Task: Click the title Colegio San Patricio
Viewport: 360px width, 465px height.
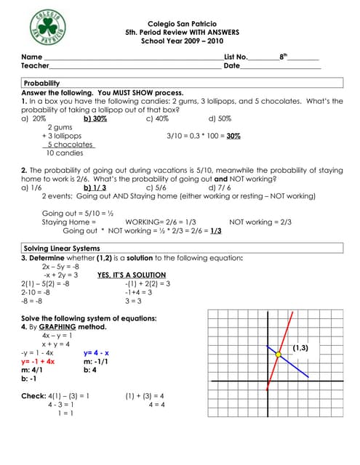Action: point(179,24)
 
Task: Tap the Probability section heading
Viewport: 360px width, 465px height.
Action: point(42,84)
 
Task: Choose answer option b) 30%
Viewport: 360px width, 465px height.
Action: point(95,118)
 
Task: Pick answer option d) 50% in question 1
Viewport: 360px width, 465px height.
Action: point(220,118)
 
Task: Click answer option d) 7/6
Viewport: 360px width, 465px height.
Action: point(218,187)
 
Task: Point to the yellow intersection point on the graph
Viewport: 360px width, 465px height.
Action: point(278,354)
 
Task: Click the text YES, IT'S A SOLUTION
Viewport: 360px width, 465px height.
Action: point(132,275)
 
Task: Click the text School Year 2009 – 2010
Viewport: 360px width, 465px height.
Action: point(179,41)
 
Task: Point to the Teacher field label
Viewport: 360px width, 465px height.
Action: point(36,66)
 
